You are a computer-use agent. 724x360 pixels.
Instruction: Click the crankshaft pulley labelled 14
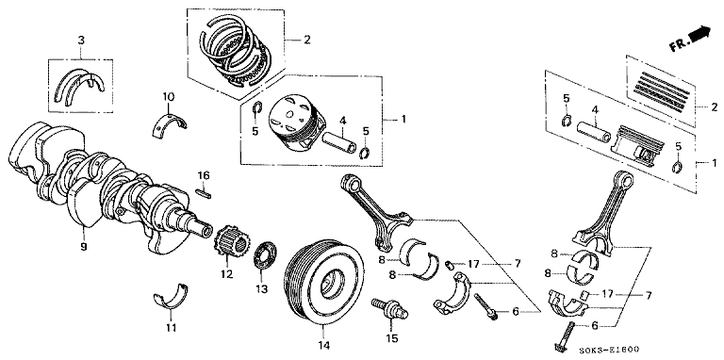(322, 282)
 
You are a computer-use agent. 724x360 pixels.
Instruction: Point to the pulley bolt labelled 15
(389, 308)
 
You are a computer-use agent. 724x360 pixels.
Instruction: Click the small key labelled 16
(204, 193)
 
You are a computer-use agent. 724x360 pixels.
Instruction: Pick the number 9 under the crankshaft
(84, 247)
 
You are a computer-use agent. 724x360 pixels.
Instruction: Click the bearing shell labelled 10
(169, 123)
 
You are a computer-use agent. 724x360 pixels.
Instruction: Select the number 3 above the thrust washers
(81, 41)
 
